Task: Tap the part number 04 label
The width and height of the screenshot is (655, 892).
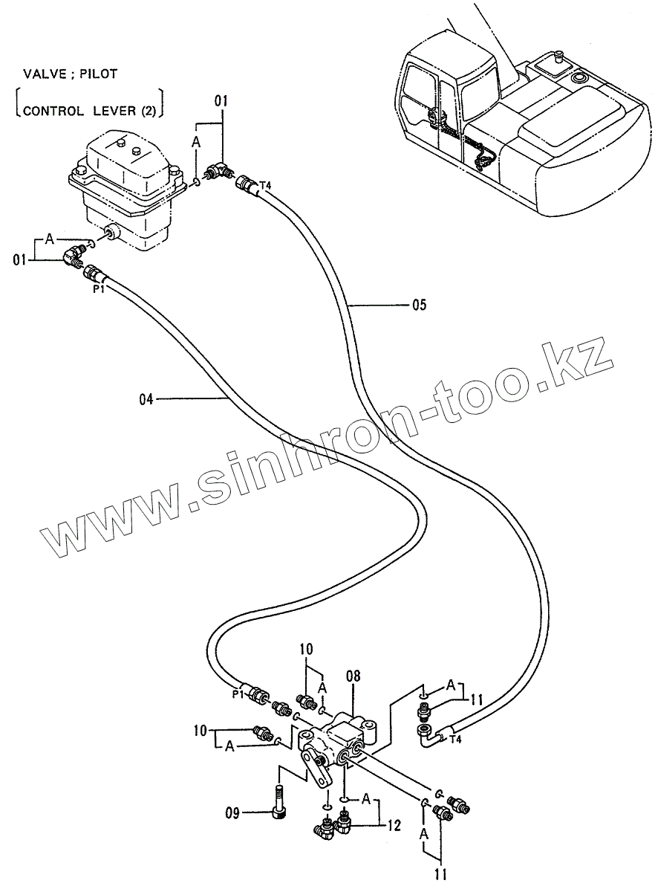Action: click(146, 399)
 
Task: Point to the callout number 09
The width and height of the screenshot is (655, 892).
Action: click(232, 813)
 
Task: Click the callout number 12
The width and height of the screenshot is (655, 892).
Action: click(394, 824)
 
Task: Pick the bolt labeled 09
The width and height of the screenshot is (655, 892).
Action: click(278, 802)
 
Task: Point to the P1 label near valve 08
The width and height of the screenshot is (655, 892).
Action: click(238, 694)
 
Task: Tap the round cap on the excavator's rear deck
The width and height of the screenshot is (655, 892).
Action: click(577, 77)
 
